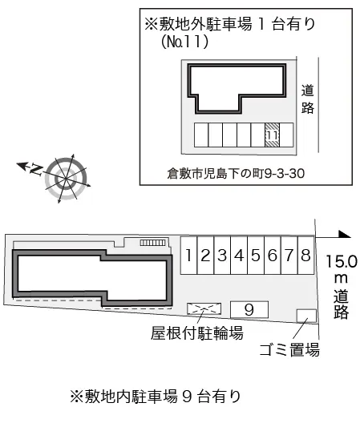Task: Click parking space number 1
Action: pyautogui.click(x=189, y=256)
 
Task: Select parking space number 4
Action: pyautogui.click(x=239, y=256)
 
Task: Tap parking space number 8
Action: pyautogui.click(x=306, y=256)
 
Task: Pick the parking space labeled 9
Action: pyautogui.click(x=249, y=310)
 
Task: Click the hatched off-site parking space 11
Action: pyautogui.click(x=272, y=135)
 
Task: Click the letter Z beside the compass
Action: pyautogui.click(x=36, y=169)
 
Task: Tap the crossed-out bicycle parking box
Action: pyautogui.click(x=204, y=308)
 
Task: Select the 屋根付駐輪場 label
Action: pyautogui.click(x=197, y=333)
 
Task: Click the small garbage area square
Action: pyautogui.click(x=306, y=316)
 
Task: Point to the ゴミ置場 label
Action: pyautogui.click(x=289, y=350)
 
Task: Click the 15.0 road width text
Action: pyautogui.click(x=342, y=261)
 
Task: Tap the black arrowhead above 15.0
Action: pyautogui.click(x=345, y=235)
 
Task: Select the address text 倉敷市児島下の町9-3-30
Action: pyautogui.click(x=236, y=174)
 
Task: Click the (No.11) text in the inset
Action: pyautogui.click(x=184, y=42)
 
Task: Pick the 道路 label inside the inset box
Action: pyautogui.click(x=308, y=99)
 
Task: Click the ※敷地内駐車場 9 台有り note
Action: pyautogui.click(x=156, y=397)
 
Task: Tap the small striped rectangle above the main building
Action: pyautogui.click(x=153, y=243)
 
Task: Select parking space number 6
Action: pyautogui.click(x=273, y=256)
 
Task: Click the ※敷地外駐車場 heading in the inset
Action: pyautogui.click(x=199, y=24)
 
